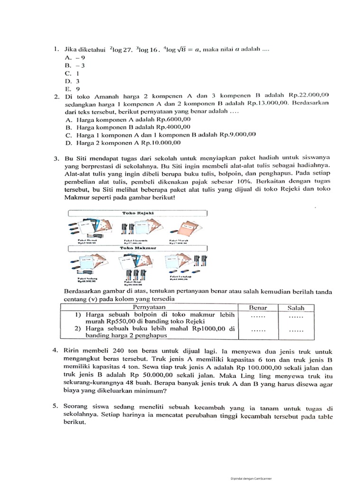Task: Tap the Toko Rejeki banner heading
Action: click(x=138, y=214)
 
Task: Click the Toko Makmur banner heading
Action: click(x=138, y=247)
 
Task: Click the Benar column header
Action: click(x=258, y=307)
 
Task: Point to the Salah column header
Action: click(x=296, y=307)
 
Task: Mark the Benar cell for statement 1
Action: click(x=258, y=316)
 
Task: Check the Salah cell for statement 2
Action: click(x=296, y=332)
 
